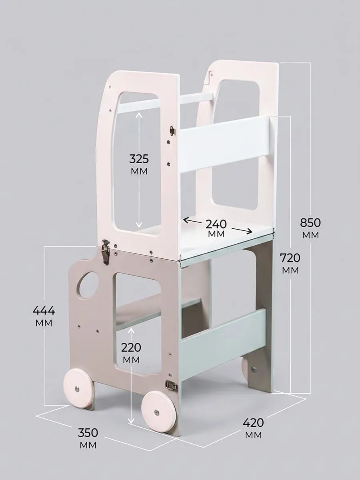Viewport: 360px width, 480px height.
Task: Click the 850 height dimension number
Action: (310, 223)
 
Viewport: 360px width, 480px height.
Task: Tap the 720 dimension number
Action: (290, 258)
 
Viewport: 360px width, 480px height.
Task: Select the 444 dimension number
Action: (44, 310)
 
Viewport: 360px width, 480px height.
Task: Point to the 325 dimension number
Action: (139, 159)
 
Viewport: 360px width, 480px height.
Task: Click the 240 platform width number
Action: (216, 224)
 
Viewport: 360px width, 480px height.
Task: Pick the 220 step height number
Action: (131, 347)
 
